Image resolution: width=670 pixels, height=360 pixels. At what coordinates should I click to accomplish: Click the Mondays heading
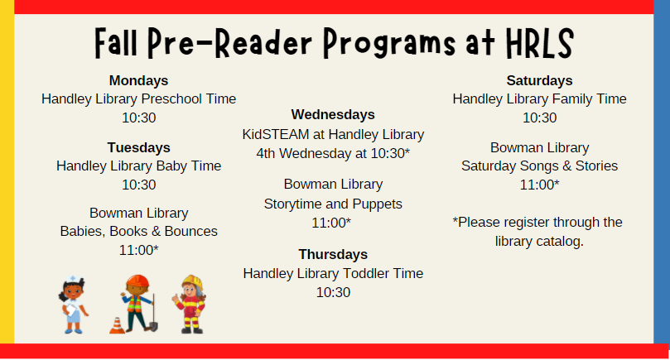[138, 80]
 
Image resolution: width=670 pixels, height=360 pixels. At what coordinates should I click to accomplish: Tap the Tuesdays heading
[138, 147]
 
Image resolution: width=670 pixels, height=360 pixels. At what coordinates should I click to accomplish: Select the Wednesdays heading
[333, 114]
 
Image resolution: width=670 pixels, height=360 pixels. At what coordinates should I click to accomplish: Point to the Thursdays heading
[333, 254]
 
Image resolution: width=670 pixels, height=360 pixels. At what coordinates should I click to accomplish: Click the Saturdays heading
[539, 80]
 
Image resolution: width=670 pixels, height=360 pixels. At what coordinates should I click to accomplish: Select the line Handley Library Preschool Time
[138, 99]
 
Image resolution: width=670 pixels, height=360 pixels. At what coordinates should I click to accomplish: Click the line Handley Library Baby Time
[138, 166]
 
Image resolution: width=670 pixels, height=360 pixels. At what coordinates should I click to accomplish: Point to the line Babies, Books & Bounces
[138, 231]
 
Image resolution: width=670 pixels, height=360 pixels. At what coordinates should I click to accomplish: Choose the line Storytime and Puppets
[333, 204]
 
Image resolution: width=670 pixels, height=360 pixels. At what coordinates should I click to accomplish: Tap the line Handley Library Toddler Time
[333, 273]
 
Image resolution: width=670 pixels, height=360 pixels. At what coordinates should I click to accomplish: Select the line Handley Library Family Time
[539, 99]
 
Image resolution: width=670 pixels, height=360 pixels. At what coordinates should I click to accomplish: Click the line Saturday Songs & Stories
[539, 166]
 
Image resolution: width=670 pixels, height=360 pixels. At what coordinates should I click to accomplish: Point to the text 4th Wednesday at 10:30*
[333, 153]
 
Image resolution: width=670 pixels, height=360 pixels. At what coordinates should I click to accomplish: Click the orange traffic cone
[117, 324]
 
